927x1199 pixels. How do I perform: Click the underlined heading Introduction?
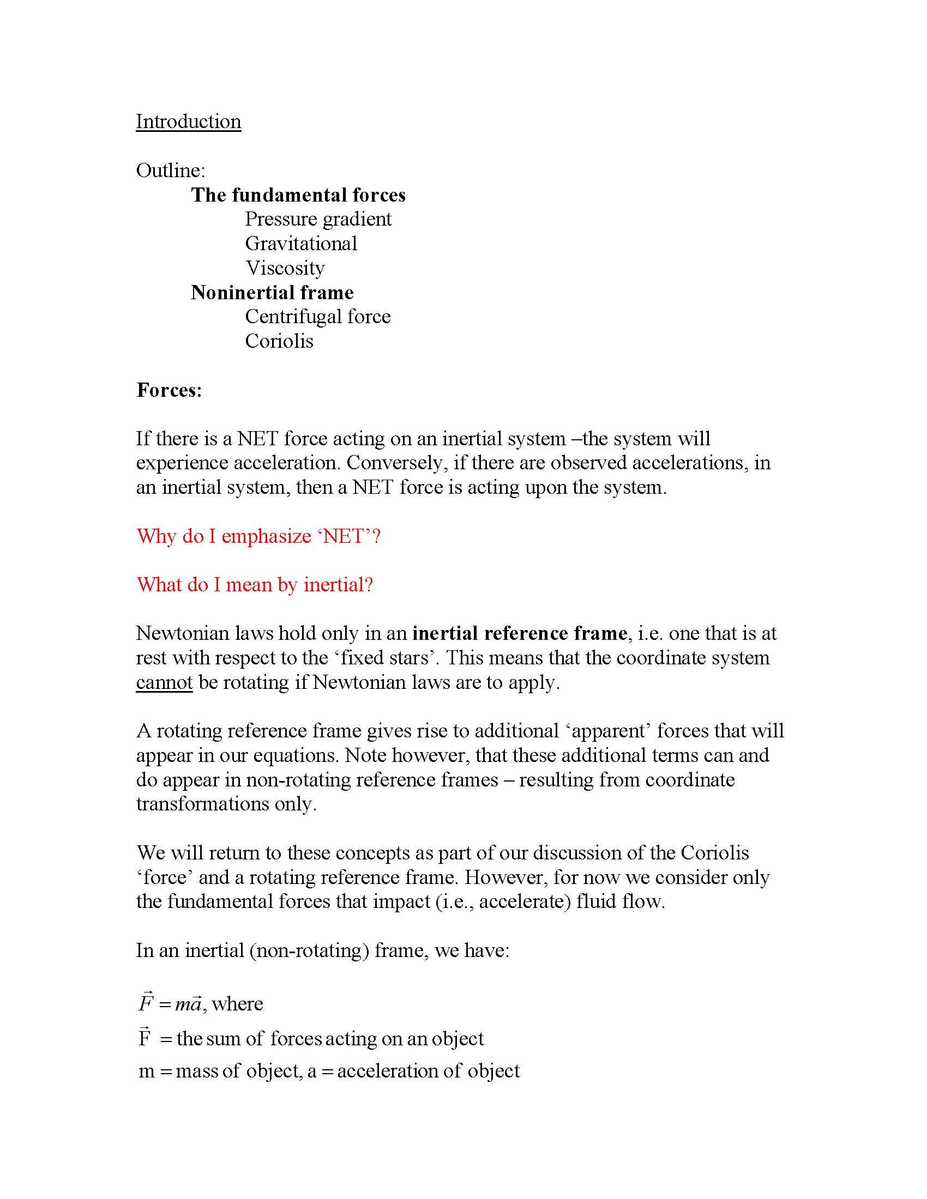point(188,122)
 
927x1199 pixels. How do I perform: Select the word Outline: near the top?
point(170,170)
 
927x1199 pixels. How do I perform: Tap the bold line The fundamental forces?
point(298,195)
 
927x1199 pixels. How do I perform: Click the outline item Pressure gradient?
point(318,219)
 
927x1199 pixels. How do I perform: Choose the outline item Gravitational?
point(301,243)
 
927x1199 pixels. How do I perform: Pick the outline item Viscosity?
point(285,268)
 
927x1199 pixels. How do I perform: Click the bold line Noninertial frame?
point(273,292)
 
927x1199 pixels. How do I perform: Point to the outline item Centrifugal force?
point(318,316)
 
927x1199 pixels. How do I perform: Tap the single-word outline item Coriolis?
point(279,341)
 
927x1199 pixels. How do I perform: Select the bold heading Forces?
point(169,390)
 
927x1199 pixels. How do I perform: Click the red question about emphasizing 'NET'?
point(258,536)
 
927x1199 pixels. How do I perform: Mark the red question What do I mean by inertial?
point(255,585)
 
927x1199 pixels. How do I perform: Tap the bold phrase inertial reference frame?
point(520,633)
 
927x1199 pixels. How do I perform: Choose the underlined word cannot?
point(164,682)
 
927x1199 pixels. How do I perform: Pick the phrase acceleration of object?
point(429,1071)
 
